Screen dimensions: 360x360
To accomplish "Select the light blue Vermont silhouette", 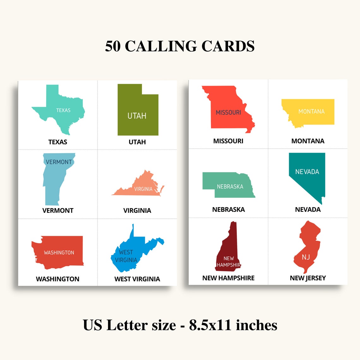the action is [x=54, y=180].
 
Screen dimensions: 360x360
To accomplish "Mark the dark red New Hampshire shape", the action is [x=229, y=253].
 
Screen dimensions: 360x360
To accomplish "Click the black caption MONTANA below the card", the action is [x=308, y=141].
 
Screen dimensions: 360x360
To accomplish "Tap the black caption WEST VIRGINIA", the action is [x=137, y=279].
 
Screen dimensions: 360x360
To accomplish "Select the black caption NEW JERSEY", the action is [x=308, y=278].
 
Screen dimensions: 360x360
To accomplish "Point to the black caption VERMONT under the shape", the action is [x=58, y=210].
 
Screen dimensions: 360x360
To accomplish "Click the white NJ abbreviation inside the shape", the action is [x=306, y=257].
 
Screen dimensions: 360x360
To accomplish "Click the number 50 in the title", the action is [x=113, y=46].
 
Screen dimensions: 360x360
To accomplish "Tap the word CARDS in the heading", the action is [x=228, y=46].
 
